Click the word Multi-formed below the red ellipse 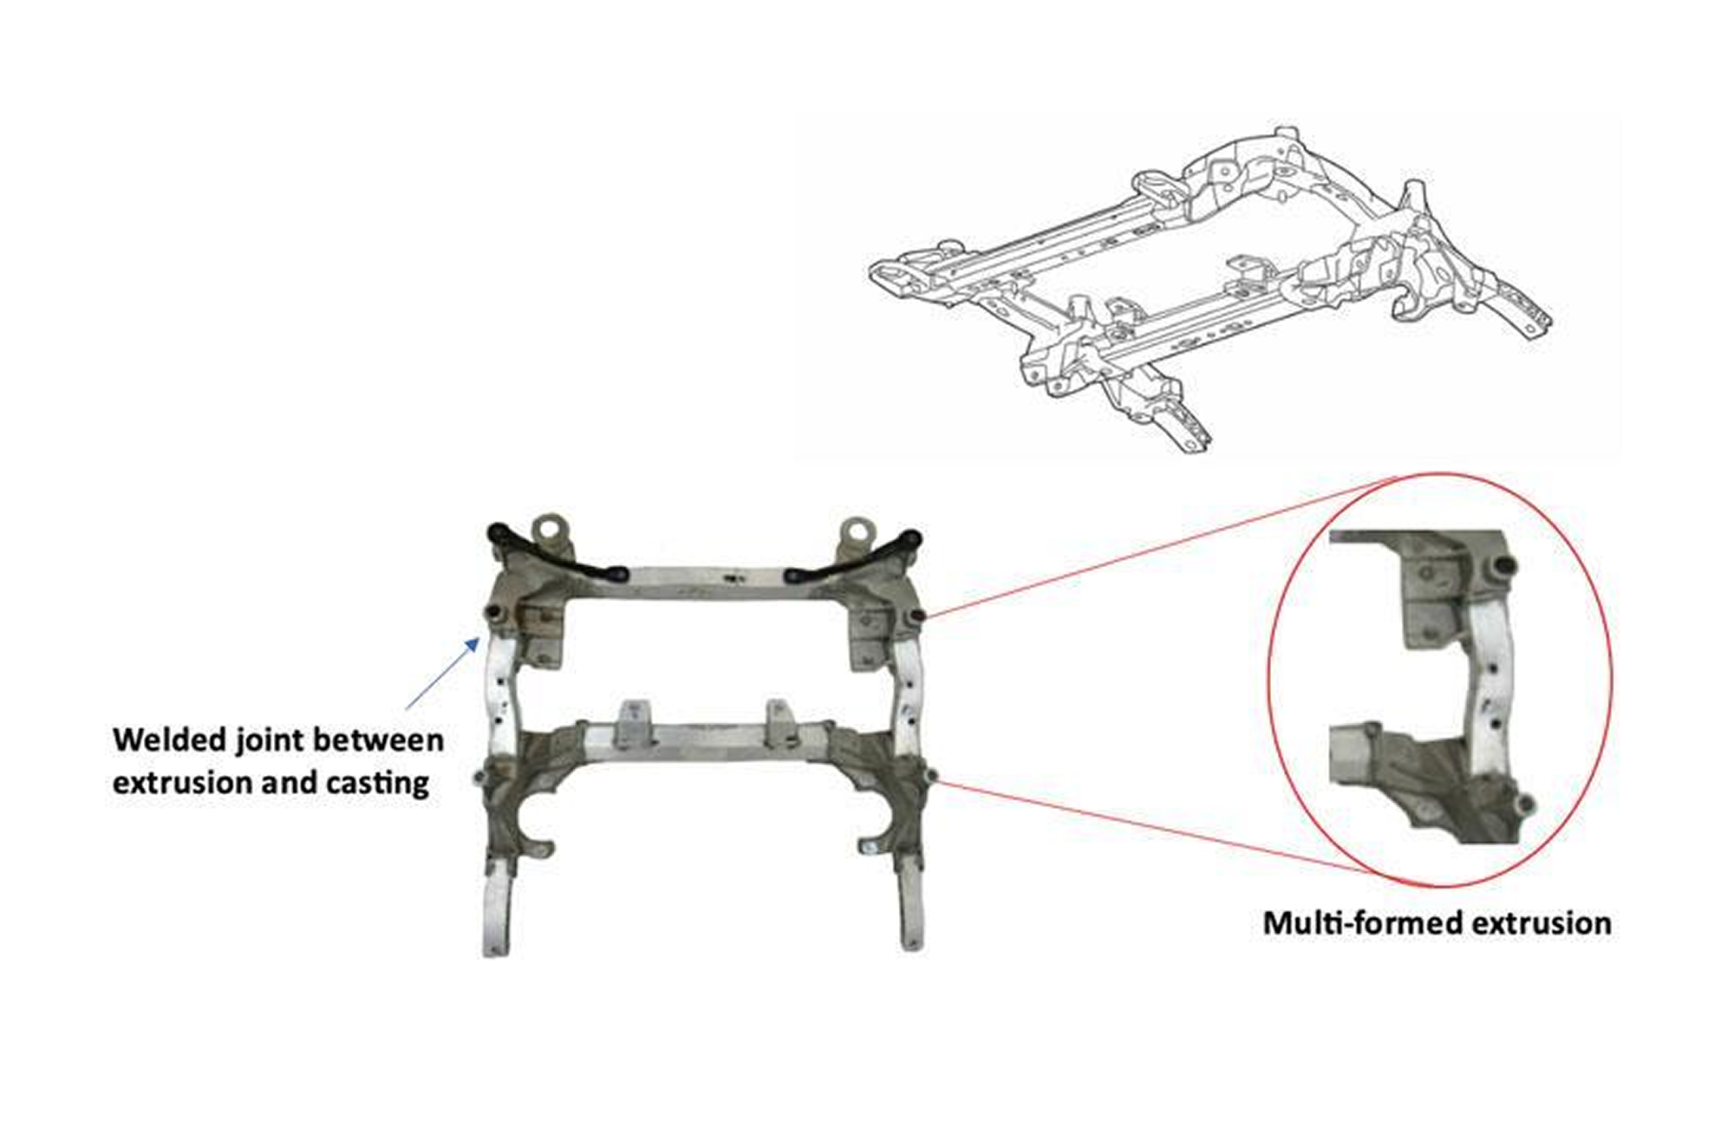pos(1359,922)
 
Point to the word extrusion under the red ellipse pos(1537,923)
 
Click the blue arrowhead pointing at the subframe pos(473,643)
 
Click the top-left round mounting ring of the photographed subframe pos(548,528)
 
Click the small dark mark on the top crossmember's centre pos(734,576)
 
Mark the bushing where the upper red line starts pos(917,616)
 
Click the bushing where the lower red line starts pos(931,775)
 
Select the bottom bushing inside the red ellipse pos(1526,804)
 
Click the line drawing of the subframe pos(1210,290)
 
